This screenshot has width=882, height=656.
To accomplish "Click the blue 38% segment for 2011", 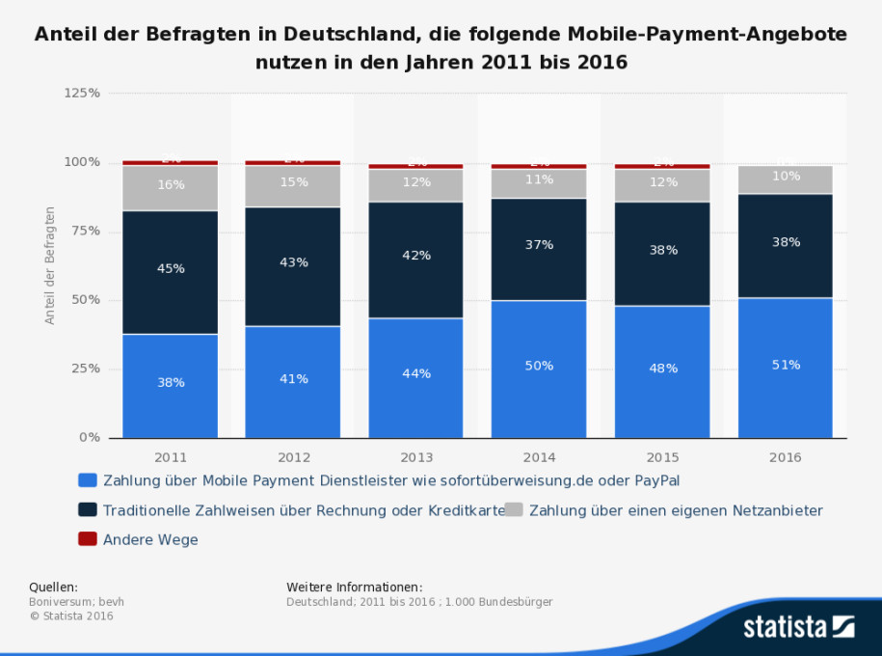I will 170,386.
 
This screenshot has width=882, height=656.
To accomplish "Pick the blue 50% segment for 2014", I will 539,369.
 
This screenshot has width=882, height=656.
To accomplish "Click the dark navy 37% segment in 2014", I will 539,249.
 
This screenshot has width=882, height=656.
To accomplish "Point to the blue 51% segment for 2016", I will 785,368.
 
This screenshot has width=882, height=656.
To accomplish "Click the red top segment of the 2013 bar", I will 415,166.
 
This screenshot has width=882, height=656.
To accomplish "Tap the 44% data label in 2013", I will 415,373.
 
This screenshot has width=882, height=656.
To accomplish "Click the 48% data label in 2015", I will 662,369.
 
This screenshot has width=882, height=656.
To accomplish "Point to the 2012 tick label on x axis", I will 293,457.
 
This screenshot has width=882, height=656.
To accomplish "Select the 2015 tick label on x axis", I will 662,457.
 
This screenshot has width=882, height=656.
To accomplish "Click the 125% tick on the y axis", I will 82,94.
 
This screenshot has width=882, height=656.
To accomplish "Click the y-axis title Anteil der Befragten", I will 50,264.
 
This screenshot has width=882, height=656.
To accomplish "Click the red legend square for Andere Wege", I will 88,539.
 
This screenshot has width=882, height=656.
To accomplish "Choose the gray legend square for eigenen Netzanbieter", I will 514,509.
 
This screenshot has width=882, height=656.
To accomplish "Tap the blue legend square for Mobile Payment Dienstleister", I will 88,479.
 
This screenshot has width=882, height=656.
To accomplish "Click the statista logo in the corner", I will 798,627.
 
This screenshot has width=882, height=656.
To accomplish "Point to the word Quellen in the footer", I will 53,587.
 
